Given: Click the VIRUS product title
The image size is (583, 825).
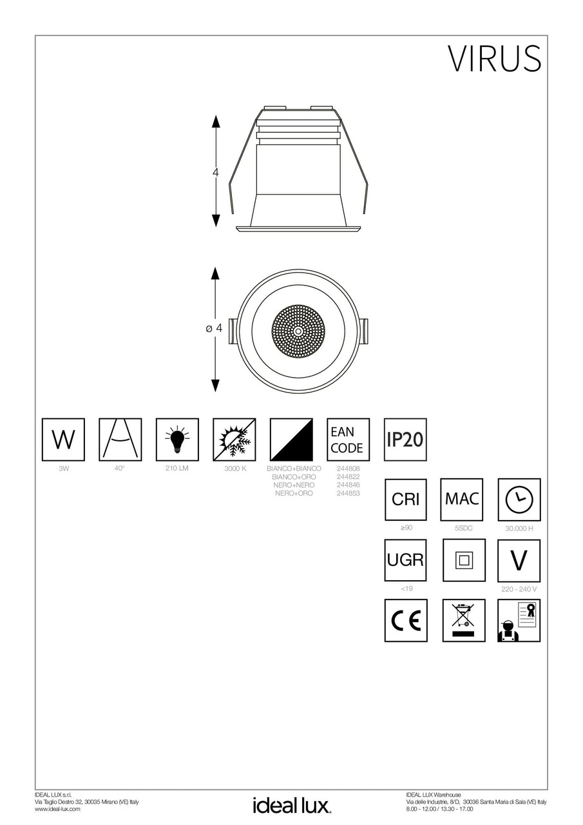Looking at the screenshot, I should (x=494, y=59).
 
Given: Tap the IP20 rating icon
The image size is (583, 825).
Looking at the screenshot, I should (x=405, y=440).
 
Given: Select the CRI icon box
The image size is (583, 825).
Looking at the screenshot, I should (x=406, y=499).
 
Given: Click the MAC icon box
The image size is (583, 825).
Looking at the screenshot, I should (x=461, y=499).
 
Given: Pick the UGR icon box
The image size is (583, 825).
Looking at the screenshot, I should (x=406, y=560).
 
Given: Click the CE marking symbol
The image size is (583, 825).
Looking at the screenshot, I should (x=406, y=620).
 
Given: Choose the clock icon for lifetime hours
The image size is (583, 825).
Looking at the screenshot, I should (x=519, y=500).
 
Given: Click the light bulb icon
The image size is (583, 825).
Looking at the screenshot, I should (x=177, y=440).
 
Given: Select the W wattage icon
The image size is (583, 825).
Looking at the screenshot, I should (x=63, y=440).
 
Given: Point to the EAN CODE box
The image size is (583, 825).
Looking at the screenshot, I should (x=348, y=440).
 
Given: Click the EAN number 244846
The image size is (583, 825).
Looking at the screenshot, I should (x=349, y=485).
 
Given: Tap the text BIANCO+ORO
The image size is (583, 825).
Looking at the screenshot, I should (x=294, y=476).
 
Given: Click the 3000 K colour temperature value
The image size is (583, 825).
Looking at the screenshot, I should (x=235, y=469).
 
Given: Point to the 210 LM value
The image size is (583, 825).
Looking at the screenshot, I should (x=177, y=469).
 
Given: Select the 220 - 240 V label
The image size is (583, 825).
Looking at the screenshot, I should (x=519, y=589).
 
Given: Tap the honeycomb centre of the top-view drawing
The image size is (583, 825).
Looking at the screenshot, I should (x=300, y=330).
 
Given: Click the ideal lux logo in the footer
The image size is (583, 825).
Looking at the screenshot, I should (x=291, y=805).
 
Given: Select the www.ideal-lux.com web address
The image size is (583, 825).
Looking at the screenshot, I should (x=57, y=809).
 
